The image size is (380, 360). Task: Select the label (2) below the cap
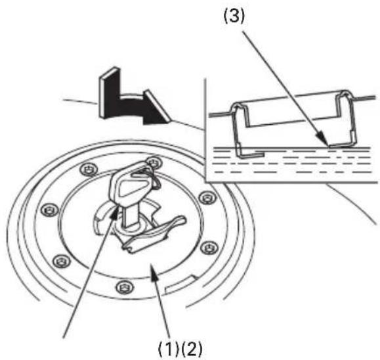pos(192,348)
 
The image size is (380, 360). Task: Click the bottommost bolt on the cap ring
pos(125,288)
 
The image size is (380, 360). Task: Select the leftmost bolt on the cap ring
pos(50,210)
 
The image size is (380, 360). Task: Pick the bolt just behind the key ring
pos(154,162)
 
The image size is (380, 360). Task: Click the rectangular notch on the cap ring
pos(181,283)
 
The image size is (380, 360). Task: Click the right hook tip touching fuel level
pos(341,146)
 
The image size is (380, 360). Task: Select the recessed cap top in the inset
pos(291,108)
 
